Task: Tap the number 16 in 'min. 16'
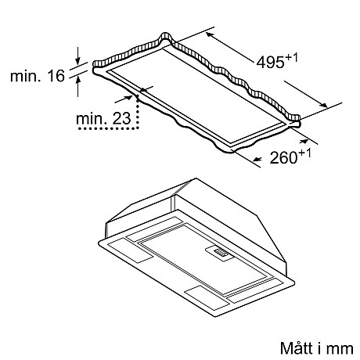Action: (x=57, y=76)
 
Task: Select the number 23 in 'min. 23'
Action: (x=121, y=118)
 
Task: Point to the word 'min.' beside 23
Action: (x=90, y=118)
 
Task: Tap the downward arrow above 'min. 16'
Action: (x=77, y=56)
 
